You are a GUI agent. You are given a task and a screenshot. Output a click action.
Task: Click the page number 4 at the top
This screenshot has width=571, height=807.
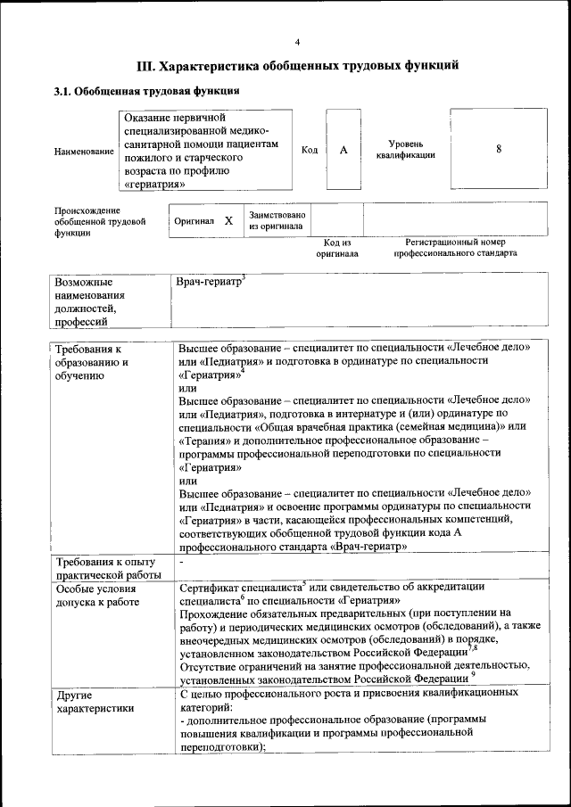[298, 41]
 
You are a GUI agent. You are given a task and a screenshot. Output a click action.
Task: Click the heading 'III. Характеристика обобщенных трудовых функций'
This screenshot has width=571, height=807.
[298, 65]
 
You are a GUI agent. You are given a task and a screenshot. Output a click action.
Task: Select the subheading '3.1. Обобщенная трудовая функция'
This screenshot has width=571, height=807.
[146, 91]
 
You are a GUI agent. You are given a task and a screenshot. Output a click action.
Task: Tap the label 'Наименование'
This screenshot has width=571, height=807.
[84, 152]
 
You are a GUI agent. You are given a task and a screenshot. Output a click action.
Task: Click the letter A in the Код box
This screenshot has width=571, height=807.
[343, 150]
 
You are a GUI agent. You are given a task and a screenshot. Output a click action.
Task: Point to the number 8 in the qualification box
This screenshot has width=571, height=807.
[498, 149]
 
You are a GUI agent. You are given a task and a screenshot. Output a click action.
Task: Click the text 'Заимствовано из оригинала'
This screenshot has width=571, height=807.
[277, 220]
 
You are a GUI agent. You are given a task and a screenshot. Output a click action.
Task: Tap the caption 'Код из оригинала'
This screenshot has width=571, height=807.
[336, 247]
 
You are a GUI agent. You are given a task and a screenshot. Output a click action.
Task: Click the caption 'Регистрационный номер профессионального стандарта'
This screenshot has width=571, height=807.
[455, 247]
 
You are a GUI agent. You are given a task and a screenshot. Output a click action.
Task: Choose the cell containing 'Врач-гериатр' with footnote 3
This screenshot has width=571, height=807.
[211, 283]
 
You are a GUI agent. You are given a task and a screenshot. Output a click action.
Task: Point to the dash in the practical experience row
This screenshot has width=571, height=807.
[181, 563]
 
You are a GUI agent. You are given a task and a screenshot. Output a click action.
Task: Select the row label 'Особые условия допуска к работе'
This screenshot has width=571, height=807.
[97, 595]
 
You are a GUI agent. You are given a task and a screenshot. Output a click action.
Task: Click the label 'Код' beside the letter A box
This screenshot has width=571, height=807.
[310, 150]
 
